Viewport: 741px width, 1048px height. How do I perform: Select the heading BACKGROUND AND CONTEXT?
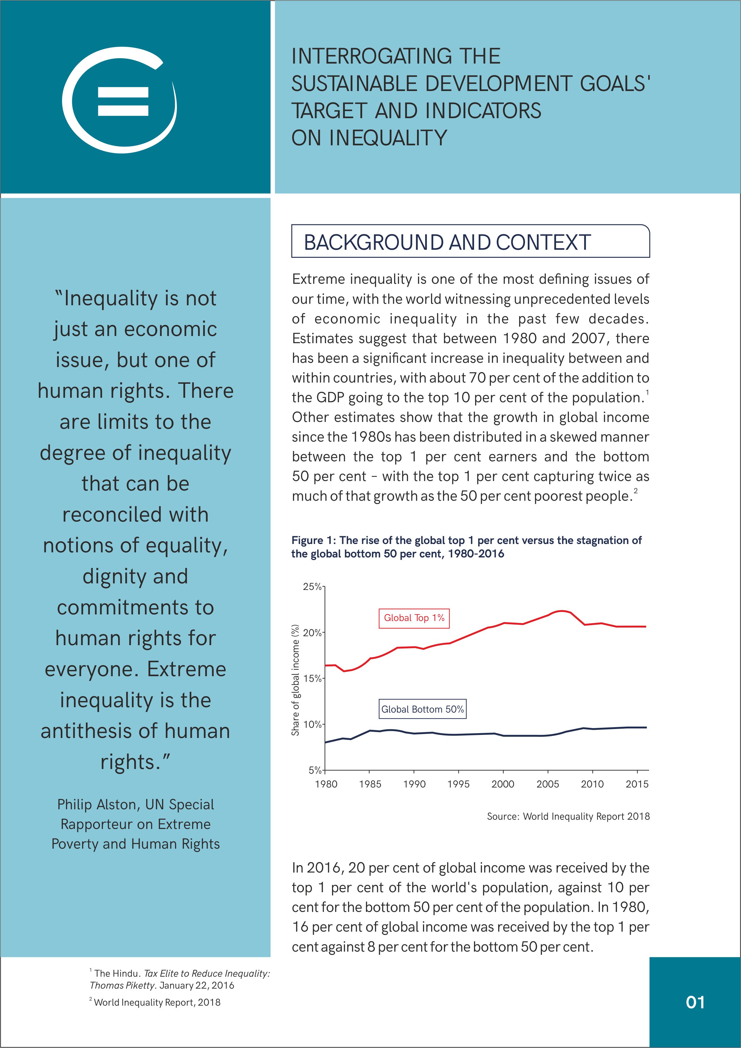447,242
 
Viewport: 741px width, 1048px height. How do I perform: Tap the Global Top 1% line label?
414,618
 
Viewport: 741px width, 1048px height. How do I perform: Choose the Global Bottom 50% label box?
422,709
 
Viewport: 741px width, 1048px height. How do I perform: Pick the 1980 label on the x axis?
326,784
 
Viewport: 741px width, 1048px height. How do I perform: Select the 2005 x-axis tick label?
547,784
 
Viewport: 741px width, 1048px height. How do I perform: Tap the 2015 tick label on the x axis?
637,784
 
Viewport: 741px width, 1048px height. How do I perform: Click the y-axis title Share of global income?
296,680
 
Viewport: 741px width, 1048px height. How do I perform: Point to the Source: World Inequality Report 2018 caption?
568,816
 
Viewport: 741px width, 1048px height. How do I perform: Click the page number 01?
695,1002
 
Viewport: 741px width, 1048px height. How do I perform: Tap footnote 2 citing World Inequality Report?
155,1002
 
